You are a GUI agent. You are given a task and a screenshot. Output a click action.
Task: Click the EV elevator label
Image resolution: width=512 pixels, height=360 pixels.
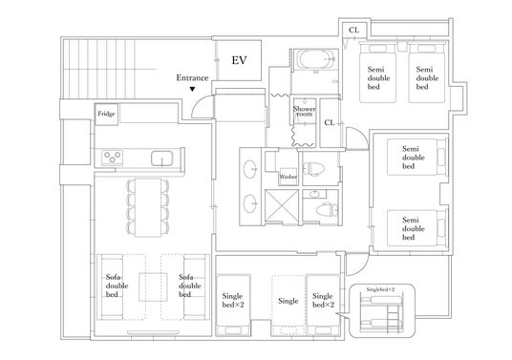coord(239,60)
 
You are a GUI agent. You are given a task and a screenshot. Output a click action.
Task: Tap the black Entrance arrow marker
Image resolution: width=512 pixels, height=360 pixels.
coord(192,89)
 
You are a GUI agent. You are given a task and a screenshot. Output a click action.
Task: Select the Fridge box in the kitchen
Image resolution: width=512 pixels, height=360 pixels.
coord(106,114)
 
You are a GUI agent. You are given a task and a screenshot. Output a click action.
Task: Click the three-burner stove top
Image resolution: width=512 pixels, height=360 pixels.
coord(112,158)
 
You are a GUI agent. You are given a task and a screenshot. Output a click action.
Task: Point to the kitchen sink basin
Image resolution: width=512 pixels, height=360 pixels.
coord(161,159)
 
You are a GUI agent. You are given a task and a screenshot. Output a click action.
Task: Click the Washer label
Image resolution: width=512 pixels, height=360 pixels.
coord(288,177)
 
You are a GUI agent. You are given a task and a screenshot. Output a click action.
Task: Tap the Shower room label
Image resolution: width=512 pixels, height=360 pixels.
coord(304,111)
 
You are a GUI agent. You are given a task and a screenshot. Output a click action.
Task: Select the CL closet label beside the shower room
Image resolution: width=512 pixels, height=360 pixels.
coord(330,123)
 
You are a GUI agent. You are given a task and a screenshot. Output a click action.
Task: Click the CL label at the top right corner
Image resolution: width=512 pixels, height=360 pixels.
coord(353,30)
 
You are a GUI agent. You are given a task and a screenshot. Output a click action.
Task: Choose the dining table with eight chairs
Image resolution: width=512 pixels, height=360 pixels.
coord(148,207)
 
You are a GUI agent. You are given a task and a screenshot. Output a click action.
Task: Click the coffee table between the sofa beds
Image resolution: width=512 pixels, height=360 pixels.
coord(153,286)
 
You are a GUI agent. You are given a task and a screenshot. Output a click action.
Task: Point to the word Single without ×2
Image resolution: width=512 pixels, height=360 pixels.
coord(288,301)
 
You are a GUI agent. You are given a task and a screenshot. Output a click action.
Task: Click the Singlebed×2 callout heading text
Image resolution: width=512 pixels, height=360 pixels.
coord(380,289)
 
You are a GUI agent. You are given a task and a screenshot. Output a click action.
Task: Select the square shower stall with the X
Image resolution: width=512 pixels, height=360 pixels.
coord(281,205)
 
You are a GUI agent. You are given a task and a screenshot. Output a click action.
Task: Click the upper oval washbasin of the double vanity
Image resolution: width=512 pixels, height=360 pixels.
coord(250,169)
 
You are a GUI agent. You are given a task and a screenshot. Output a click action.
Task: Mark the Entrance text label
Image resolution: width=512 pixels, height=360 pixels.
coord(192,78)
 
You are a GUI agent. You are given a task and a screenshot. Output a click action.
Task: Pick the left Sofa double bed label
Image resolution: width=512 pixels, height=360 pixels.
coord(117,286)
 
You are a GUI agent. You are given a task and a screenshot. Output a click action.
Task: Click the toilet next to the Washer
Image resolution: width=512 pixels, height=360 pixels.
coord(313,169)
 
